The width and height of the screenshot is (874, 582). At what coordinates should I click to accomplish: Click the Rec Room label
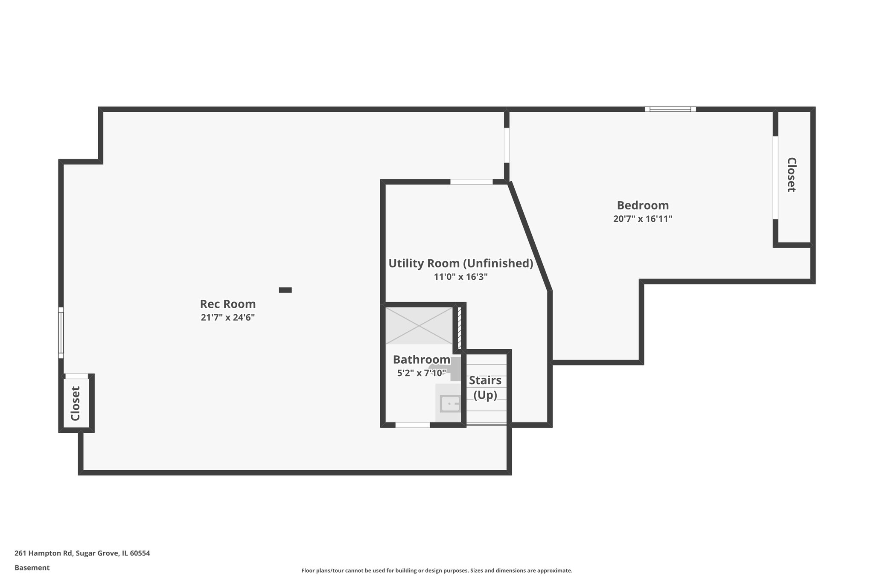point(228,304)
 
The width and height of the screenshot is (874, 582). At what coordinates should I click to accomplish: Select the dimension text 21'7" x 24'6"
point(228,318)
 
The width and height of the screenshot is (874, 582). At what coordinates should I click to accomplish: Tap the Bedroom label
point(643,206)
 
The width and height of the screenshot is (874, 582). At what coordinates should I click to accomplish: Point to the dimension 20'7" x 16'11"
point(643,219)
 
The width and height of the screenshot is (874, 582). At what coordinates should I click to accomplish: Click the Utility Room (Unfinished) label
point(460,263)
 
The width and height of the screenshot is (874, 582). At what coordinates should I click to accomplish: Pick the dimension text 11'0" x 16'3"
point(460,277)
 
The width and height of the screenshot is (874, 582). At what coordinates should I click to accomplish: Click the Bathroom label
point(421,359)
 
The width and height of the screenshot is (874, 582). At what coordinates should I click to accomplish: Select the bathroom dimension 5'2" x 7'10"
point(421,373)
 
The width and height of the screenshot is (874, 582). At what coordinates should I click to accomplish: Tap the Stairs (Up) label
point(485,388)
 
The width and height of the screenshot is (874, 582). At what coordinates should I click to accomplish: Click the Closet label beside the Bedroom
point(792,175)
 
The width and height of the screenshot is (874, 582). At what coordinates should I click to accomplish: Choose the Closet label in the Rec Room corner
point(76,403)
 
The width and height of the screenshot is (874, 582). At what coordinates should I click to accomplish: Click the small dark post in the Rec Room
point(285,290)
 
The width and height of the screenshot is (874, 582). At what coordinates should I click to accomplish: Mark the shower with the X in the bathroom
point(419,325)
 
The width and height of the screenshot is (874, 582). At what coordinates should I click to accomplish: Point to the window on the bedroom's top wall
point(670,109)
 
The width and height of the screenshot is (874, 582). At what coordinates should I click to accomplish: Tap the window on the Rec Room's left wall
point(61,333)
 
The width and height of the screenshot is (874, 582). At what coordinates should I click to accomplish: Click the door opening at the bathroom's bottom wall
point(412,425)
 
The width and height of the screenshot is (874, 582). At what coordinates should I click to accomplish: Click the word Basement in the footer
point(32,568)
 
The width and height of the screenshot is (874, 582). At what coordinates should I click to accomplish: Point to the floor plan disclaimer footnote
point(437,570)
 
